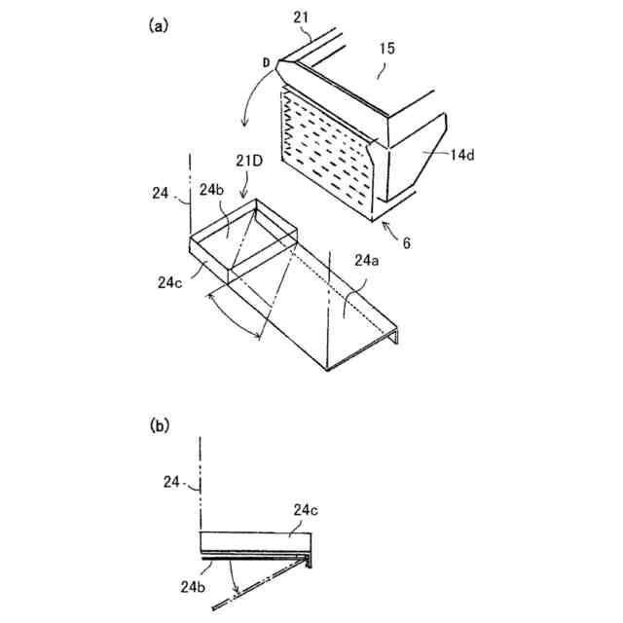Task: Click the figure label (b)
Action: click(160, 425)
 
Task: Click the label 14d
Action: click(462, 155)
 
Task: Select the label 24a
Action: click(367, 261)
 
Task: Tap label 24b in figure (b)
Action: click(190, 586)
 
